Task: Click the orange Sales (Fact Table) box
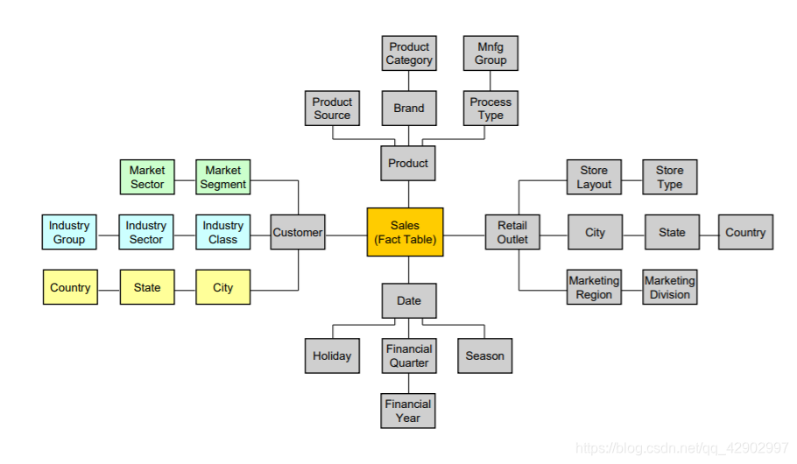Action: pos(405,232)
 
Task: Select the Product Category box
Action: pos(409,53)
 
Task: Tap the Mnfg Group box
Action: pos(490,53)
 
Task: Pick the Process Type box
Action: pos(490,109)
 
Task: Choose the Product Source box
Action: pos(332,109)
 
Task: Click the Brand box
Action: pos(409,109)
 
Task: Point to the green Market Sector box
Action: pos(147,177)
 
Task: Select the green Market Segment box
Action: pos(222,177)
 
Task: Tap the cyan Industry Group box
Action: pos(69,232)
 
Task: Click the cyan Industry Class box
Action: pos(222,232)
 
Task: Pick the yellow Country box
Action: pos(70,287)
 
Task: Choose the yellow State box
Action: pos(147,287)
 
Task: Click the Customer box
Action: pos(298,232)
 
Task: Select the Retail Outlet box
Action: pos(512,232)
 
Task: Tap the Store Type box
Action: pos(669,177)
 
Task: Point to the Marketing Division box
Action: pos(669,287)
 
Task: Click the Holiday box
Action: pos(332,355)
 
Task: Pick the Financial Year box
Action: pos(408,411)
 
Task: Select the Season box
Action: pos(484,355)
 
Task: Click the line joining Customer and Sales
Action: pos(346,233)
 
